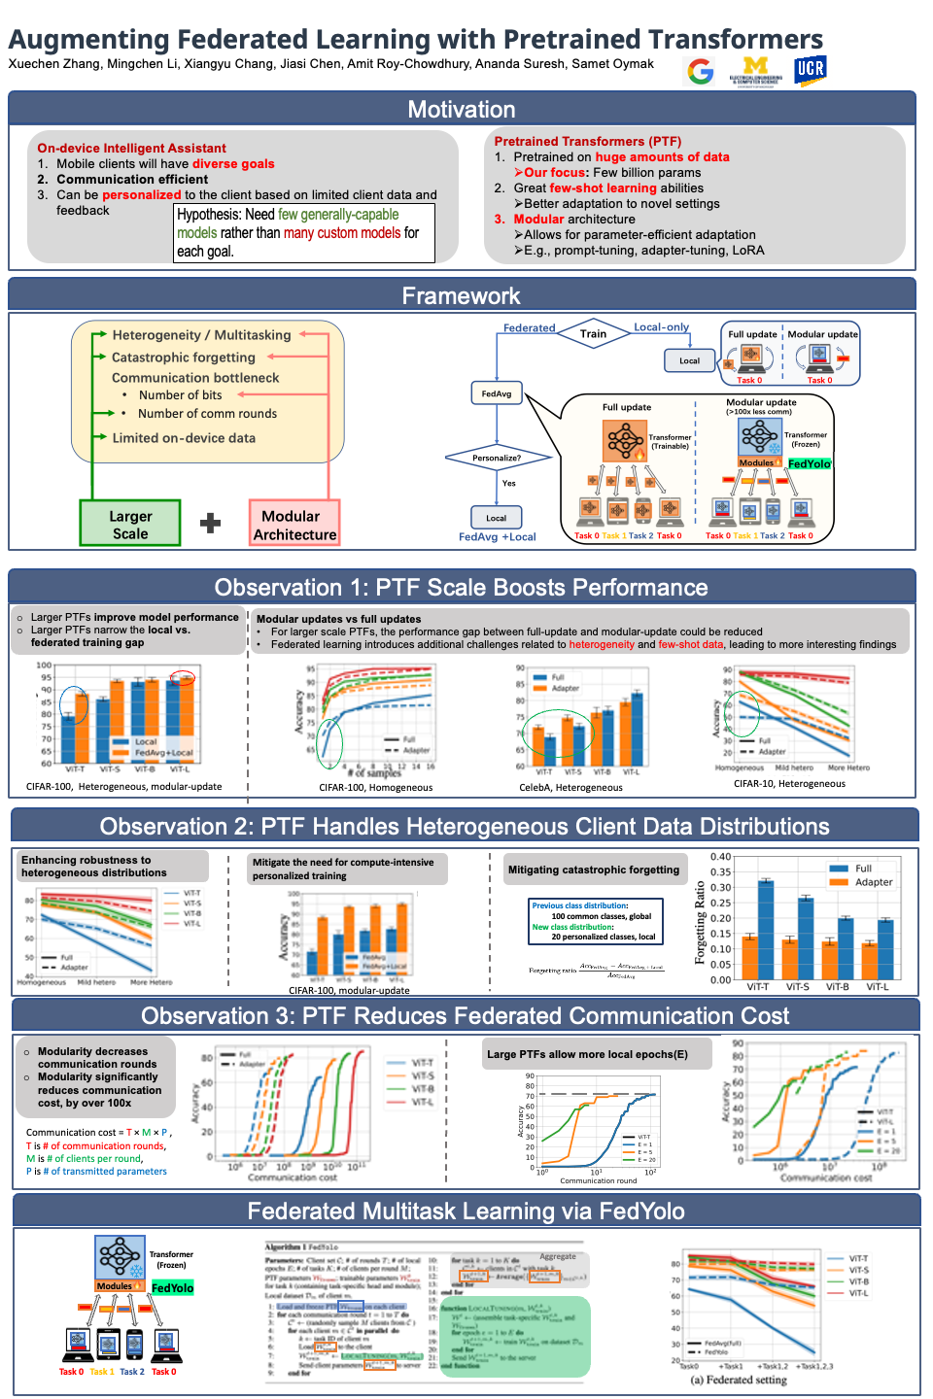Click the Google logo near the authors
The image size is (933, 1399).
click(x=700, y=71)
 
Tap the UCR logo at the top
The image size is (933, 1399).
click(x=810, y=70)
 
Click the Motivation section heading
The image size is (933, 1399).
click(x=462, y=109)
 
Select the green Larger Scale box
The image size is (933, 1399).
click(x=130, y=524)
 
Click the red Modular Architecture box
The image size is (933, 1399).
click(x=294, y=525)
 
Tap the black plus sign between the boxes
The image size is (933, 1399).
click(x=210, y=524)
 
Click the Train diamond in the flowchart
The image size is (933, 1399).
click(x=593, y=333)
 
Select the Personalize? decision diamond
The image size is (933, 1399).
click(x=497, y=458)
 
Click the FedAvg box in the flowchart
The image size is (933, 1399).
click(x=497, y=393)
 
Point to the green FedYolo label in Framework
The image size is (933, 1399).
click(x=809, y=463)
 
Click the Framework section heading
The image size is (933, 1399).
click(x=462, y=295)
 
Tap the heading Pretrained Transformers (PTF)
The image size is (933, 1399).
click(x=587, y=141)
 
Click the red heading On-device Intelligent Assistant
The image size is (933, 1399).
click(x=131, y=149)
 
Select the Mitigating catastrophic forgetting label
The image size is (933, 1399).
click(x=593, y=870)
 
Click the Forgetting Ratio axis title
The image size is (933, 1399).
click(x=700, y=923)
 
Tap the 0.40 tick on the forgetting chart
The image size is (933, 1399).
click(x=720, y=857)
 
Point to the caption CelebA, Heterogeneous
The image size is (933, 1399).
click(x=570, y=788)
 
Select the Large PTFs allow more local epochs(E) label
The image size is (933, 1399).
click(x=587, y=1054)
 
